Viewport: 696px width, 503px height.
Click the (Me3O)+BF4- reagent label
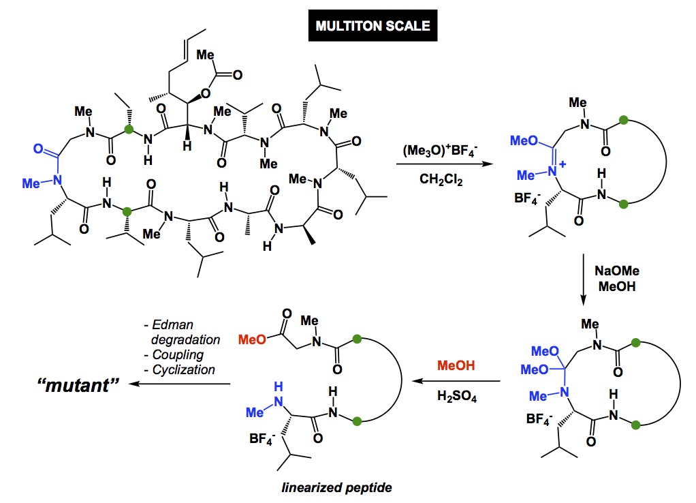tap(441, 148)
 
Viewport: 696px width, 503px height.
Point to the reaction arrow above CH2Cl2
tap(441, 164)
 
